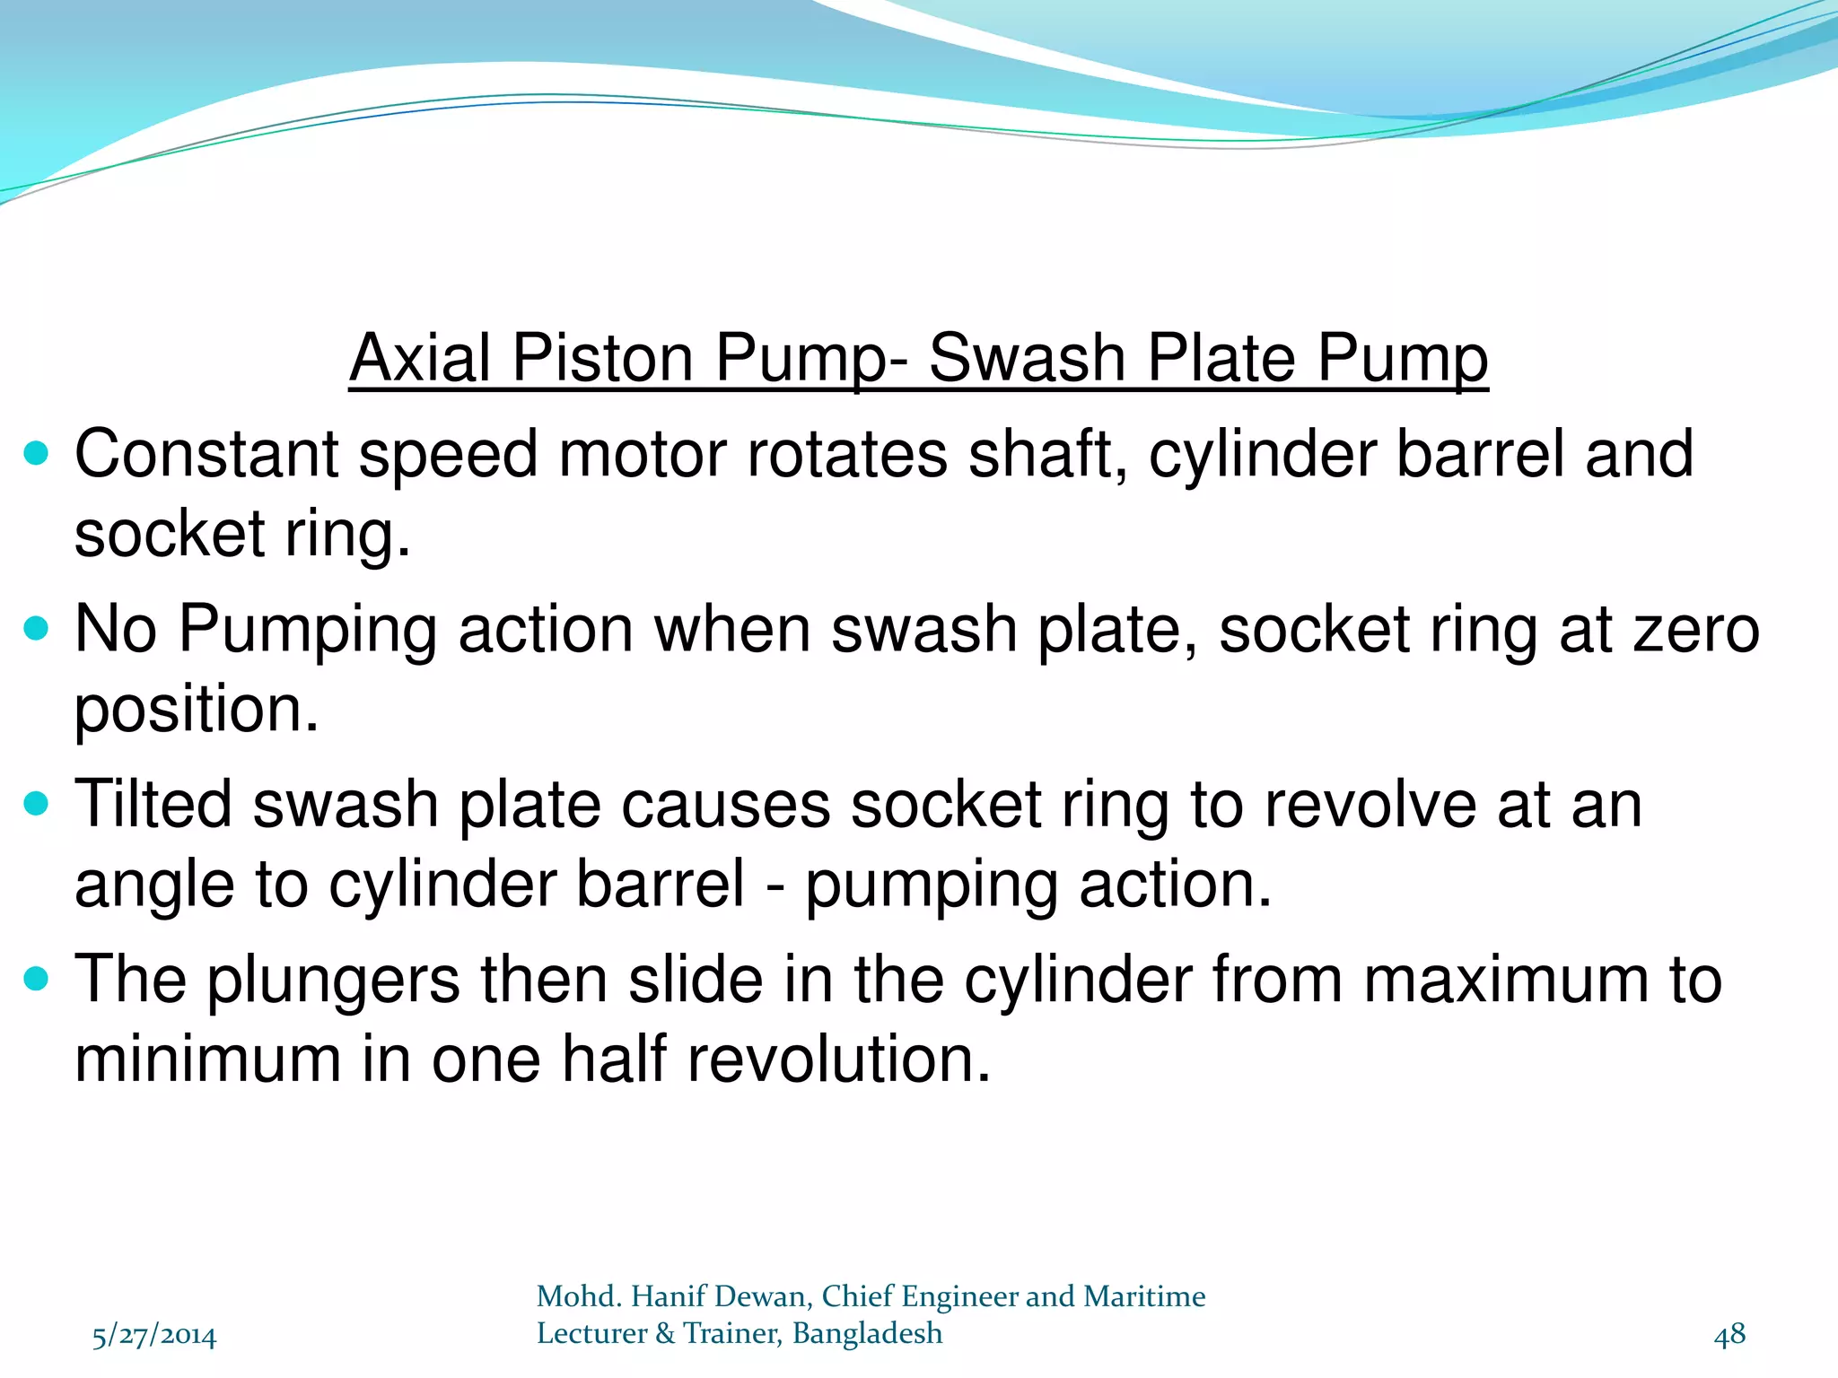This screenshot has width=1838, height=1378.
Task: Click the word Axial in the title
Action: point(420,358)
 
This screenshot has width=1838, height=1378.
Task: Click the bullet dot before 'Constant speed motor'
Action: point(37,453)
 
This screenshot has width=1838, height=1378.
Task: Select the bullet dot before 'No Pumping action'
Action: point(37,628)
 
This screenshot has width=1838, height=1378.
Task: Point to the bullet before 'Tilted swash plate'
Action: point(37,803)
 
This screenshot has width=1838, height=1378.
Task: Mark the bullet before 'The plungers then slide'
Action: point(37,978)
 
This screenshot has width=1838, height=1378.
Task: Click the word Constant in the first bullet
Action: point(206,454)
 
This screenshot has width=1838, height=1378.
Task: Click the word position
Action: point(196,711)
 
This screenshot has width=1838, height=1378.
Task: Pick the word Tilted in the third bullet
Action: point(153,804)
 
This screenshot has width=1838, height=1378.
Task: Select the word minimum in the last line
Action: point(207,1059)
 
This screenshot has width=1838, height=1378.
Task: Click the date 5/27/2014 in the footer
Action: point(154,1336)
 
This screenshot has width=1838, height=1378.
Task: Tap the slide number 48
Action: point(1729,1335)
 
